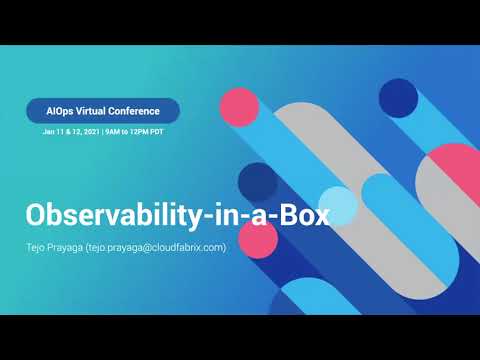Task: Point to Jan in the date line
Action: point(49,131)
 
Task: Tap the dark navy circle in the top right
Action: point(399,97)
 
